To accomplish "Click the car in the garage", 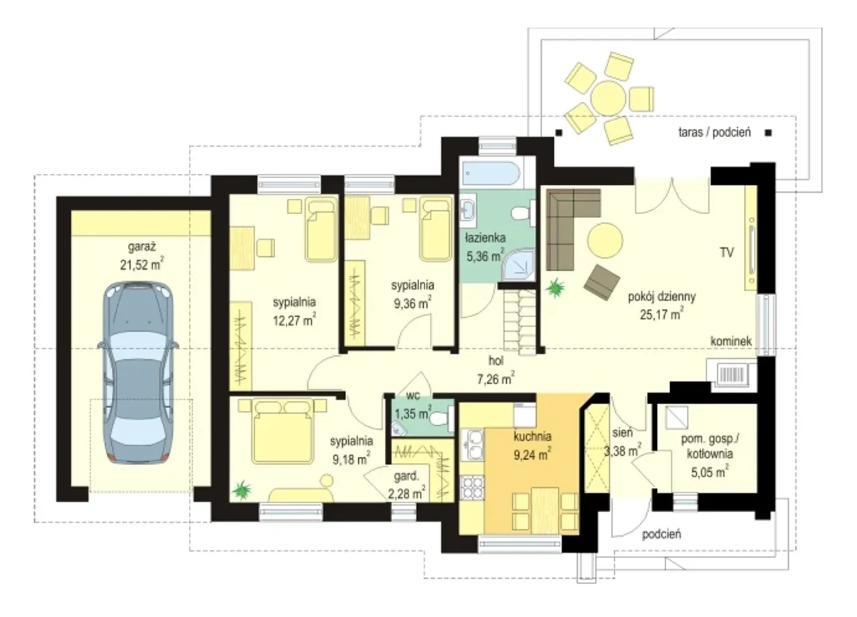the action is pos(138,373).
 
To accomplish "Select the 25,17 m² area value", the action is pos(661,315).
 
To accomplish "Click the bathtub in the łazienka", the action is pos(491,174).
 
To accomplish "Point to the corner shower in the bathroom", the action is pos(519,266).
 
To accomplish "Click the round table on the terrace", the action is pos(608,98).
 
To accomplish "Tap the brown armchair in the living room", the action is pos(601,282).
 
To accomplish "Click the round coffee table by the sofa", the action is pos(605,240).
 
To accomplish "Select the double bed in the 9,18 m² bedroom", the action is pos(283,430).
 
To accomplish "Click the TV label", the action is pos(726,253).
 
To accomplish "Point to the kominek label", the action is pos(730,341).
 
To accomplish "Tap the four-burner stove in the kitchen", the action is pos(472,488).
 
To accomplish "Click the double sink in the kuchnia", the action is pos(472,445).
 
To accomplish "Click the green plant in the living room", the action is pos(555,288).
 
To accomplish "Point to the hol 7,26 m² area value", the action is pos(495,379).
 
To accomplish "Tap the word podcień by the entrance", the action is pos(661,533).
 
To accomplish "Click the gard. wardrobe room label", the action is pos(406,476).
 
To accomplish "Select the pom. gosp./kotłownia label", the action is pos(710,446).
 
